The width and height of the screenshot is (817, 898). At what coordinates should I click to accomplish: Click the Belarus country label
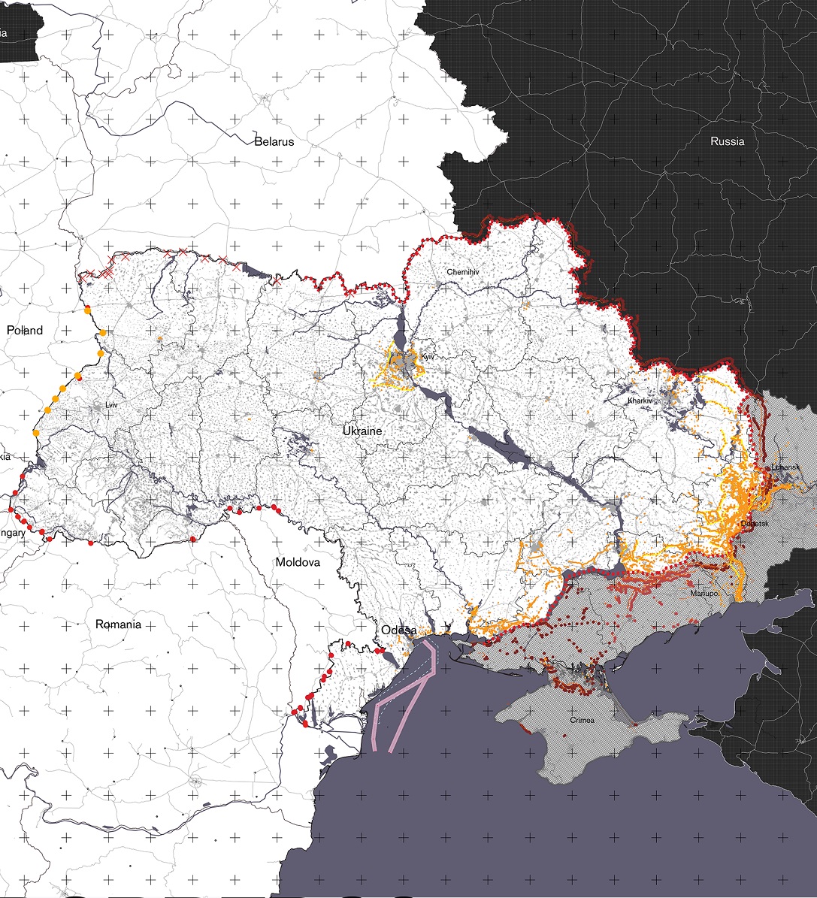(274, 141)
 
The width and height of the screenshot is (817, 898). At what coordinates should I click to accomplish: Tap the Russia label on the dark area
(727, 141)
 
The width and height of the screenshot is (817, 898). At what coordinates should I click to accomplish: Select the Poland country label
(25, 331)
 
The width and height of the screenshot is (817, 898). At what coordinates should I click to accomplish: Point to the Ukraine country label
(362, 431)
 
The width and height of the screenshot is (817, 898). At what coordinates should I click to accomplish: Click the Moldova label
(298, 562)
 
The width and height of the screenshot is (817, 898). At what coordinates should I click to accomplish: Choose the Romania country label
(118, 624)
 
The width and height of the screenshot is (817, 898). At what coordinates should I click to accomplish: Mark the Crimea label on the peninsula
(582, 721)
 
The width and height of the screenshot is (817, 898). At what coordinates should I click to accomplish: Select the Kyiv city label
(428, 357)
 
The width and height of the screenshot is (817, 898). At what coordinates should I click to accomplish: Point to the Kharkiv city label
(640, 401)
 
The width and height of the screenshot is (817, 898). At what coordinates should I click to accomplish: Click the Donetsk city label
(754, 523)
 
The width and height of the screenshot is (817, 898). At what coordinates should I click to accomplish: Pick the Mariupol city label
(705, 594)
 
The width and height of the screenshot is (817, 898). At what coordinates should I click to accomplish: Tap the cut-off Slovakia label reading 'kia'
(5, 456)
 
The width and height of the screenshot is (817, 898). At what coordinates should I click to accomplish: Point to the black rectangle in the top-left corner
(19, 30)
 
